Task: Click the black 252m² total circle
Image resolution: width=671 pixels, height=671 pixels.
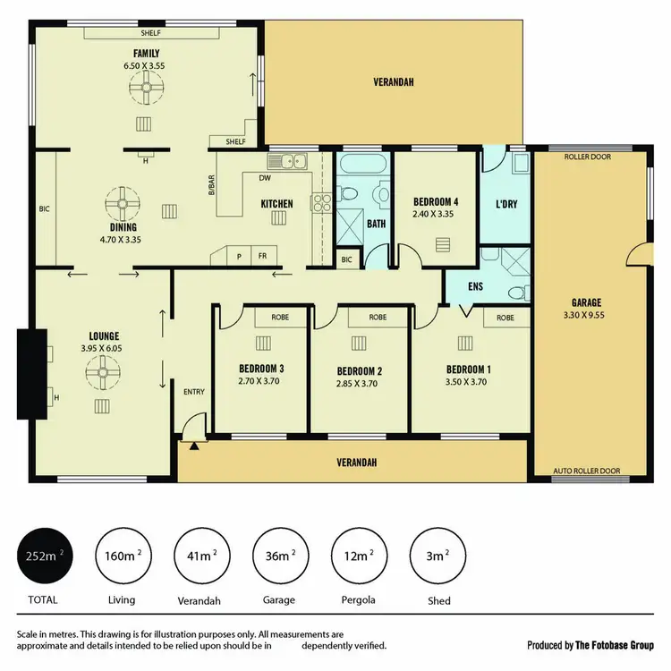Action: click(x=44, y=556)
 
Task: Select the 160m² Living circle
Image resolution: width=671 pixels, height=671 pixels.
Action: click(x=123, y=556)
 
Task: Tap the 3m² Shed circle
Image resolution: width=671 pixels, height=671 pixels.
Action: click(x=437, y=556)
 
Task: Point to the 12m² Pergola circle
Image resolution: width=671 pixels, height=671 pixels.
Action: click(x=359, y=556)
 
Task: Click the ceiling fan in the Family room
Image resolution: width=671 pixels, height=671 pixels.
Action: click(x=144, y=88)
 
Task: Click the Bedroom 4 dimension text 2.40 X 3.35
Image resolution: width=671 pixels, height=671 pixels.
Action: click(x=435, y=215)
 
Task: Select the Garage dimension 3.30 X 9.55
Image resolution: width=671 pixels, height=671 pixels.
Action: click(x=587, y=315)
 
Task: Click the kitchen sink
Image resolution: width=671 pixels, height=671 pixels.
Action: click(x=293, y=162)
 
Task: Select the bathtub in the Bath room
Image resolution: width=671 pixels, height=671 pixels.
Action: click(x=361, y=166)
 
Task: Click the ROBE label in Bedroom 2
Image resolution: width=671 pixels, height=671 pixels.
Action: click(x=378, y=318)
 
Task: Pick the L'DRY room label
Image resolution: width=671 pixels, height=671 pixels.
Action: click(x=506, y=205)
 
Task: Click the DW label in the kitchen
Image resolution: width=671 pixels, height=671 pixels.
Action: click(x=265, y=177)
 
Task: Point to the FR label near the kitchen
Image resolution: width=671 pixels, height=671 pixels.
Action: click(x=263, y=256)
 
